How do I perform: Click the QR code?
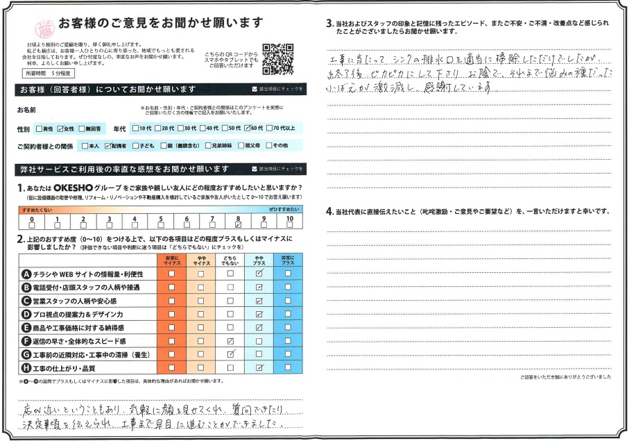tap(278, 59)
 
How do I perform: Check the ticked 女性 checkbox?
tap(61, 128)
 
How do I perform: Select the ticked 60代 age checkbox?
tap(246, 128)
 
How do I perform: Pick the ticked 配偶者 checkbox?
tap(107, 147)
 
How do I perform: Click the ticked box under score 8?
tap(238, 224)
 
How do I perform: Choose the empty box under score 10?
tap(290, 224)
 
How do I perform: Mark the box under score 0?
tap(31, 224)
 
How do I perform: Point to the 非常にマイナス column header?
tap(171, 260)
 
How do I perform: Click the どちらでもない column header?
tap(230, 260)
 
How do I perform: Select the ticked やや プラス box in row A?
tap(259, 274)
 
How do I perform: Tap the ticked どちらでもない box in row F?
tap(230, 342)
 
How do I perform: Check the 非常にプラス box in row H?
tap(288, 368)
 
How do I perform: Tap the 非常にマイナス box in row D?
tap(171, 315)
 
